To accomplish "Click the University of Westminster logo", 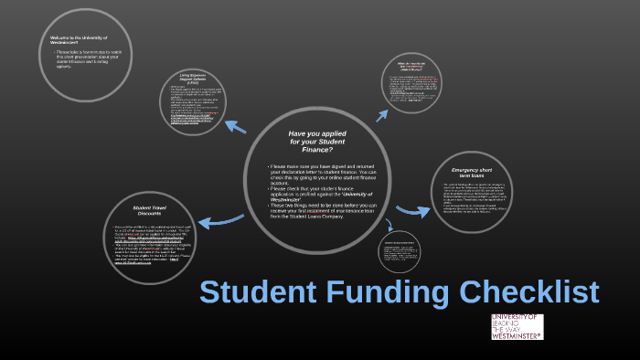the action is click(x=517, y=327).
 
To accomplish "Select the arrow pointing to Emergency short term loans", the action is click(x=412, y=211).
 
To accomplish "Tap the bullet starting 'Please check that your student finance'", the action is click(x=316, y=196).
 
